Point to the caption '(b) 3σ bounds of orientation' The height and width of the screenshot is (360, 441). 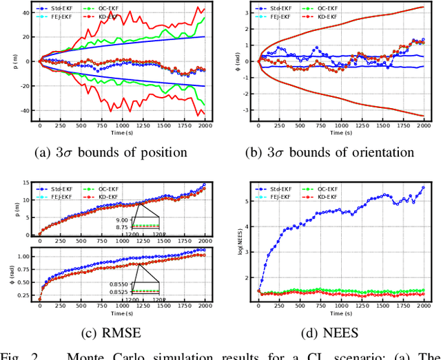coord(330,152)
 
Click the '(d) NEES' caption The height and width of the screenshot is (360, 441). coord(330,335)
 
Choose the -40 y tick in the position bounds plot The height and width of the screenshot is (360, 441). coord(25,110)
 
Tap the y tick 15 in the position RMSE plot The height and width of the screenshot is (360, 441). coord(26,182)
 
